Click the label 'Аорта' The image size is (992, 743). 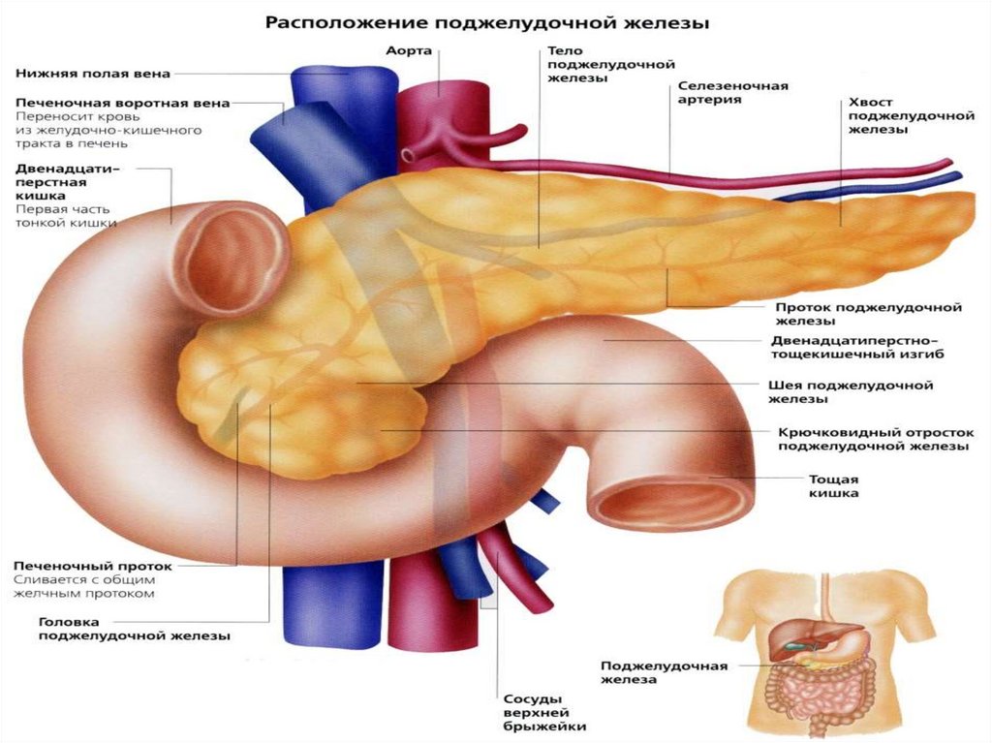(409, 50)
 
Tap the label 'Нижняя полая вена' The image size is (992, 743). (92, 74)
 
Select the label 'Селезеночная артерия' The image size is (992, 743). (732, 92)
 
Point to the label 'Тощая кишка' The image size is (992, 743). (833, 486)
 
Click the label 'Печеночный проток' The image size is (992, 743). (92, 566)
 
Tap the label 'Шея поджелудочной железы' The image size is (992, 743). (851, 391)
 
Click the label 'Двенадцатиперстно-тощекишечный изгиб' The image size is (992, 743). (857, 348)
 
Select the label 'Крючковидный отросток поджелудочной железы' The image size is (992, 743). (876, 439)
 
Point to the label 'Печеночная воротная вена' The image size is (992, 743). (123, 103)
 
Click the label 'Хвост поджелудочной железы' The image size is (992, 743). (911, 116)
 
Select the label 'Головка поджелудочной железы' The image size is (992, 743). (134, 629)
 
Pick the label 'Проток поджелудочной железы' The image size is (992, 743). (868, 314)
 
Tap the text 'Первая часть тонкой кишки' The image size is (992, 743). (66, 216)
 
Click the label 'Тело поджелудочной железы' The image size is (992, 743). (611, 64)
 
